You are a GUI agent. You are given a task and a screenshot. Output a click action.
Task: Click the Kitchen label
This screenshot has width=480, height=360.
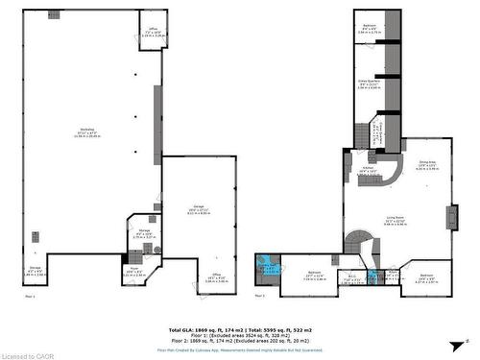(367, 170)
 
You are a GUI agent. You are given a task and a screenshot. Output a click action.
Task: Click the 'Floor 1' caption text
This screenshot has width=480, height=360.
(29, 297)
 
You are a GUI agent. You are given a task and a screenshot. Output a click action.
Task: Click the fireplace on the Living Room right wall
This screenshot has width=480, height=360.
(451, 214)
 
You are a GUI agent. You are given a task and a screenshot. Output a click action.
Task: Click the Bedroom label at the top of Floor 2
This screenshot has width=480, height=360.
(370, 27)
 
